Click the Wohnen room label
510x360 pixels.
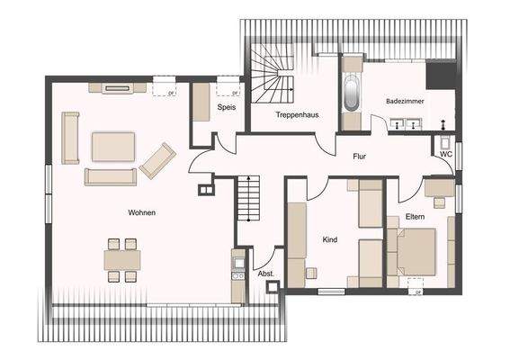(x=142, y=212)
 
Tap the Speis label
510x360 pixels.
(x=225, y=108)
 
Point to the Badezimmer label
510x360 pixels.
(x=402, y=102)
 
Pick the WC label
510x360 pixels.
(x=445, y=154)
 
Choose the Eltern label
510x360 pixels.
(x=415, y=217)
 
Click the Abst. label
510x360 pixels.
(x=265, y=272)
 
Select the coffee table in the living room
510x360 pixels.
(x=113, y=146)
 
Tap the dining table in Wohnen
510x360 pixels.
(x=121, y=260)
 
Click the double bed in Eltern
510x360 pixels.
(x=416, y=252)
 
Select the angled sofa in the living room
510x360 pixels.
(x=157, y=159)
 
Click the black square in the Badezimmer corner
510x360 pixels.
(x=440, y=75)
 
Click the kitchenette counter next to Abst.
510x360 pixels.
(x=237, y=274)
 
